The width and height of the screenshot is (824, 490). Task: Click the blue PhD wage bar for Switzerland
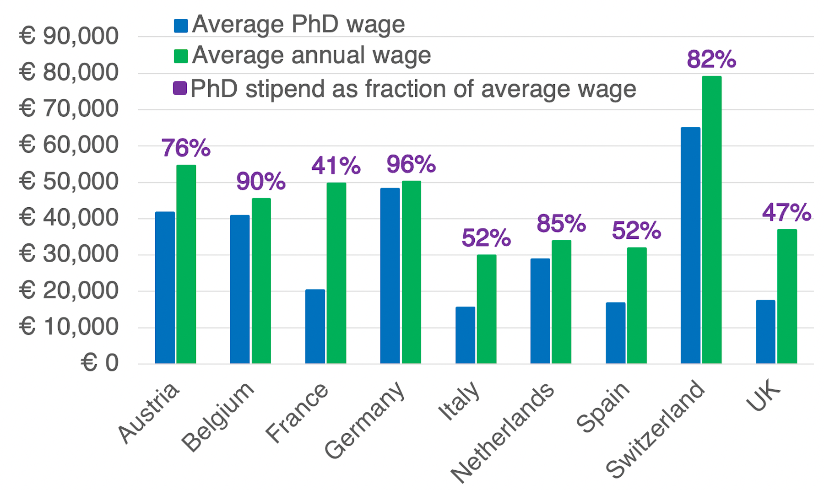690,245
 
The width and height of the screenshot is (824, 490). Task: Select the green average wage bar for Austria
186,264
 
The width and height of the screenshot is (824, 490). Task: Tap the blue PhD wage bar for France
315,327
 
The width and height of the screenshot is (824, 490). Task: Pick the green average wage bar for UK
787,296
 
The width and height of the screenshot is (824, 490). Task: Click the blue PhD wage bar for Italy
465,335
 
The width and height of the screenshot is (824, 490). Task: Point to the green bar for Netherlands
561,302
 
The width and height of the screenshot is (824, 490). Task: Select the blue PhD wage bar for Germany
390,276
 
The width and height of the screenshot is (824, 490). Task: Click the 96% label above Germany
411,164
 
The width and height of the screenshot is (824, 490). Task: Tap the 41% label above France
336,166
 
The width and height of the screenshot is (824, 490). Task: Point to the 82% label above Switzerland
711,59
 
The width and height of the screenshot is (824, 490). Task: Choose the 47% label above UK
786,212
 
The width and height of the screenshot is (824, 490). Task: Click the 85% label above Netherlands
561,224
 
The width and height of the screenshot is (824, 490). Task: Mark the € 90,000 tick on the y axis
69,36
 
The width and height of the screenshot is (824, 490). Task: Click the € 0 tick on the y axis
99,363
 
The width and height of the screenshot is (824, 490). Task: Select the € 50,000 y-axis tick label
69,182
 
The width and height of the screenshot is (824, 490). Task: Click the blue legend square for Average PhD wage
181,26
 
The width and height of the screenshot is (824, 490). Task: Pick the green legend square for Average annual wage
181,56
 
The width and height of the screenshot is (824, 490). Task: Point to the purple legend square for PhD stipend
180,88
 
